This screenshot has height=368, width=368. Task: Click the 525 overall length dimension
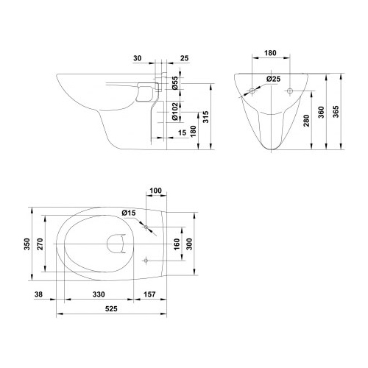(111, 308)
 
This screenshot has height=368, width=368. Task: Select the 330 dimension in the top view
(99, 294)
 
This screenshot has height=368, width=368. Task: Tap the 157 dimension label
(149, 294)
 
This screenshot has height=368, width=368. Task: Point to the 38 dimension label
(38, 294)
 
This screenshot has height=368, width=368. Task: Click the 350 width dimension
(26, 244)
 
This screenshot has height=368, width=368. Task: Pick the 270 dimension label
(40, 244)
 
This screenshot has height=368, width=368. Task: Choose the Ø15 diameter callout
(129, 213)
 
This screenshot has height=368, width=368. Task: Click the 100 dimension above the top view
(155, 191)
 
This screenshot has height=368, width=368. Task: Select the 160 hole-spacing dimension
(177, 244)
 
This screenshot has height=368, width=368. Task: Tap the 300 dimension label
(189, 244)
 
